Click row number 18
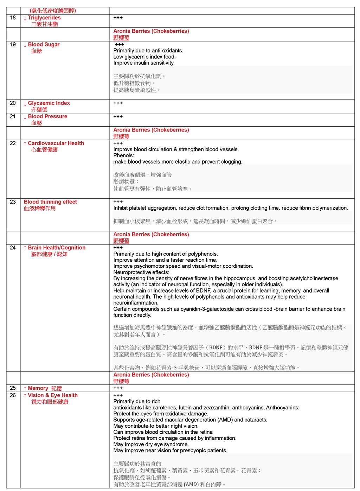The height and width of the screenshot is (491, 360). click(13, 18)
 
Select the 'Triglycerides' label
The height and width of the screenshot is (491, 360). click(44, 18)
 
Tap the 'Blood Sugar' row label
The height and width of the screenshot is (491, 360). click(44, 45)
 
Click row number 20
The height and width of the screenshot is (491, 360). click(13, 103)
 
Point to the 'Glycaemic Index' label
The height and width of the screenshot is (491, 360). click(49, 103)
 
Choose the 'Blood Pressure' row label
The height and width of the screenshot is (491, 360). click(47, 116)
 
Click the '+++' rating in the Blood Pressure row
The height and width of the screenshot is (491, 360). click(118, 116)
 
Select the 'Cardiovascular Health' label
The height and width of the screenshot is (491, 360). click(56, 143)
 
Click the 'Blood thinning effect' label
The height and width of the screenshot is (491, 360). click(50, 202)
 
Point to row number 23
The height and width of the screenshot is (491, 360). click(13, 202)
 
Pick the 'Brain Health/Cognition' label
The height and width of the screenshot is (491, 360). click(57, 248)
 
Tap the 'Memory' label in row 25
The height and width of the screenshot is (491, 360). click(38, 388)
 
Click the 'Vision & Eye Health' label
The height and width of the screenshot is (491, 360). click(53, 395)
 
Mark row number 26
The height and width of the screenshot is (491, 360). click(13, 395)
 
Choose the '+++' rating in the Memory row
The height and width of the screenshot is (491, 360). click(118, 388)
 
